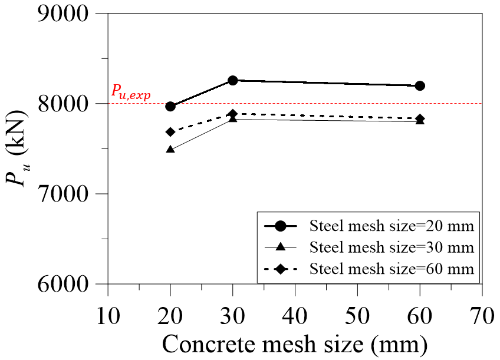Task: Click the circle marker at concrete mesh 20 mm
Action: coord(170,106)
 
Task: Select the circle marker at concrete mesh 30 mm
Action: coord(233,80)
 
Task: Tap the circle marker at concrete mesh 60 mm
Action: coord(420,85)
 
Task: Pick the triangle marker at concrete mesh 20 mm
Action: coord(170,150)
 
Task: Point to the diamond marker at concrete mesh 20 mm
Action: coord(170,132)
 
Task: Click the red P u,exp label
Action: coord(131,93)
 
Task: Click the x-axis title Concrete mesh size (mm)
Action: coord(295,344)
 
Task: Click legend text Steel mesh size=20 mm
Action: coord(392,226)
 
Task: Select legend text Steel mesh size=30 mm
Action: coord(392,247)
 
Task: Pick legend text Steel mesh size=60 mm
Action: coord(392,269)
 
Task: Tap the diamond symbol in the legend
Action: coord(281,269)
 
